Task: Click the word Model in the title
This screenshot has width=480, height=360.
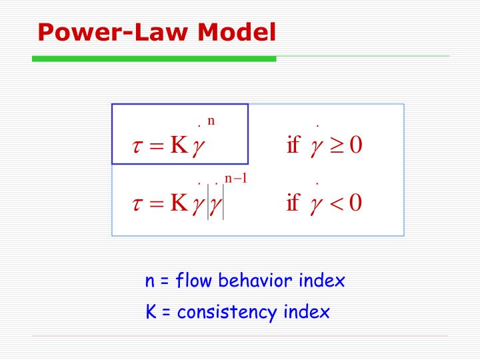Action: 237,32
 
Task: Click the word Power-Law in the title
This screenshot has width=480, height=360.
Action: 113,32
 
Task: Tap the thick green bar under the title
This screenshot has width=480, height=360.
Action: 154,59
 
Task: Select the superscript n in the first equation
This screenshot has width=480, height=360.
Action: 211,121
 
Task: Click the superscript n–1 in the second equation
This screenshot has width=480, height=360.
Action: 236,178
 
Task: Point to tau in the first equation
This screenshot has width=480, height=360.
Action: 137,145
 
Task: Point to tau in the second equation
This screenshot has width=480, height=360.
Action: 137,203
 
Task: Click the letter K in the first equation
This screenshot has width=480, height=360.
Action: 179,144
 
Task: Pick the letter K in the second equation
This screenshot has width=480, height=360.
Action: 179,203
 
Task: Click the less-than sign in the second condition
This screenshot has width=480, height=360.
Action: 337,203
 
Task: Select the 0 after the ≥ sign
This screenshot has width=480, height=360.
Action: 356,145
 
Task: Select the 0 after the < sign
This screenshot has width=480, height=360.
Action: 356,203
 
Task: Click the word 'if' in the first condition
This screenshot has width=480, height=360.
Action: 293,144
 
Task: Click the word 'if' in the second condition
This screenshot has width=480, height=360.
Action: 293,202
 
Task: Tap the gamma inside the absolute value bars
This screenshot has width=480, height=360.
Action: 215,205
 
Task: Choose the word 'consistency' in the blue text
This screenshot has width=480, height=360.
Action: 227,312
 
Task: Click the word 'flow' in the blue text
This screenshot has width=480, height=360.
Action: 194,280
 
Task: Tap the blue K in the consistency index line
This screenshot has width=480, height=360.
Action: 151,311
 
